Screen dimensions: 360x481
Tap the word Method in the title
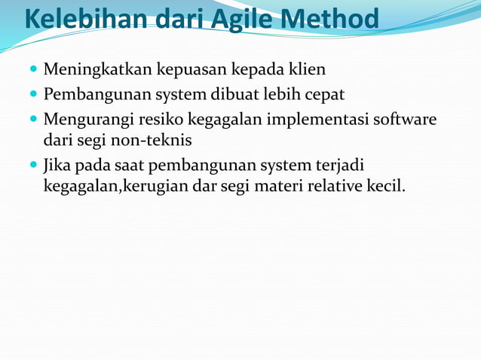[335, 20]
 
